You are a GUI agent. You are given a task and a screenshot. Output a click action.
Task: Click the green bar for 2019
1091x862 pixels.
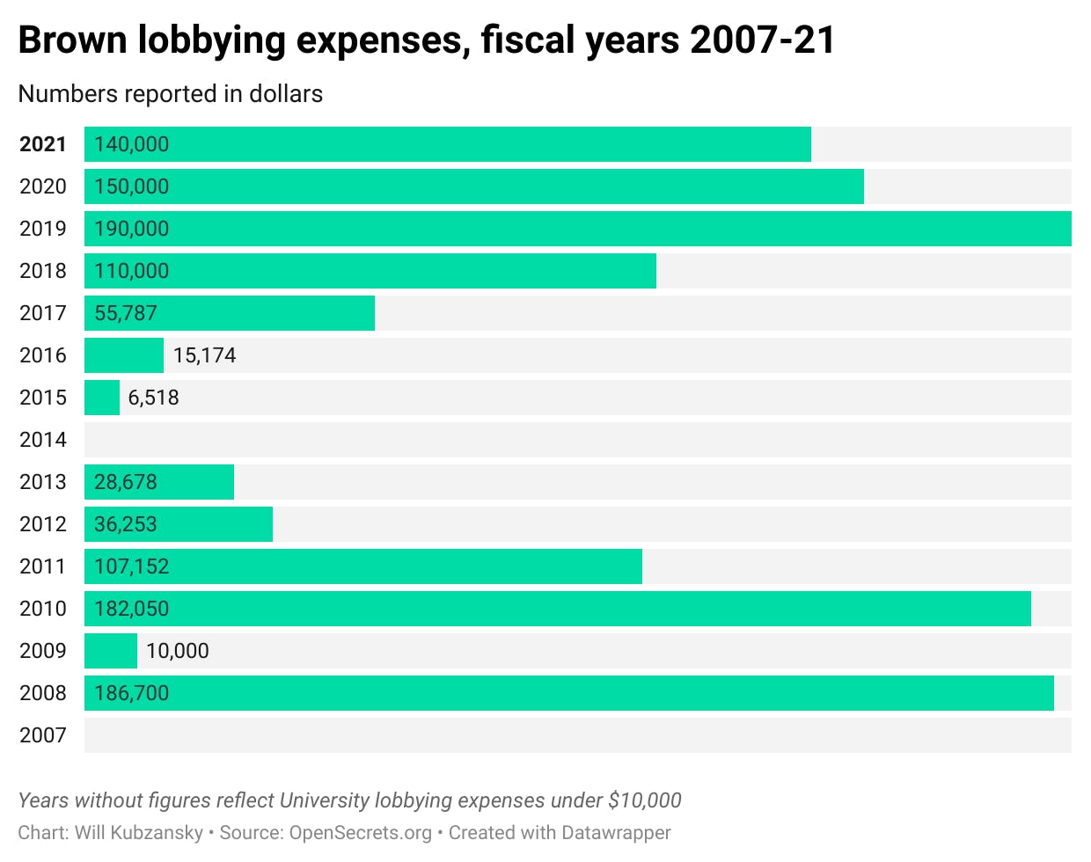[x=577, y=229]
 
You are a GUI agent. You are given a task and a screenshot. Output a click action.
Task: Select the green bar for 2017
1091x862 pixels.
[x=230, y=313]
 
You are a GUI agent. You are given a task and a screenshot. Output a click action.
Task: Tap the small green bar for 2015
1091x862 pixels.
[x=102, y=398]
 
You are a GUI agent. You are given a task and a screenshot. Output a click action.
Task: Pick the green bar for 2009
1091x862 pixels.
[x=111, y=651]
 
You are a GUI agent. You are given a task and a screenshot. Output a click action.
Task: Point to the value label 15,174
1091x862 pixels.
[x=204, y=355]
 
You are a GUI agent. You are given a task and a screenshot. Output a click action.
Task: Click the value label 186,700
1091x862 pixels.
[x=131, y=693]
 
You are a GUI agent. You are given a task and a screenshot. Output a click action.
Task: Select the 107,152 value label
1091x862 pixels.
[x=131, y=566]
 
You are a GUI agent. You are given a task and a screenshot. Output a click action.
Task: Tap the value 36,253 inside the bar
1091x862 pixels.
[x=125, y=524]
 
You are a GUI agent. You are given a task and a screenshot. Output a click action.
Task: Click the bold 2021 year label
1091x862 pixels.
[x=42, y=144]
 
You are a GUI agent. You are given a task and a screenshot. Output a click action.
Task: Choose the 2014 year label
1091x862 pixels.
[x=42, y=440]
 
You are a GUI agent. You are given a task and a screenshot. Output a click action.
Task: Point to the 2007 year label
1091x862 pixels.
[x=42, y=735]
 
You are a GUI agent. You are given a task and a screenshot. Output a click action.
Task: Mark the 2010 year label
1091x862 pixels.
[x=42, y=609]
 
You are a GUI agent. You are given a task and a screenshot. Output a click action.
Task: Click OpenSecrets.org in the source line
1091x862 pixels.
[x=360, y=832]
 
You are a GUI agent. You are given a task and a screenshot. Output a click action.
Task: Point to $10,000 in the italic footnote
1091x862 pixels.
[x=644, y=800]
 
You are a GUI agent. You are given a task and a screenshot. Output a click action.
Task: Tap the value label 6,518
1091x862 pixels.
[x=153, y=398]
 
